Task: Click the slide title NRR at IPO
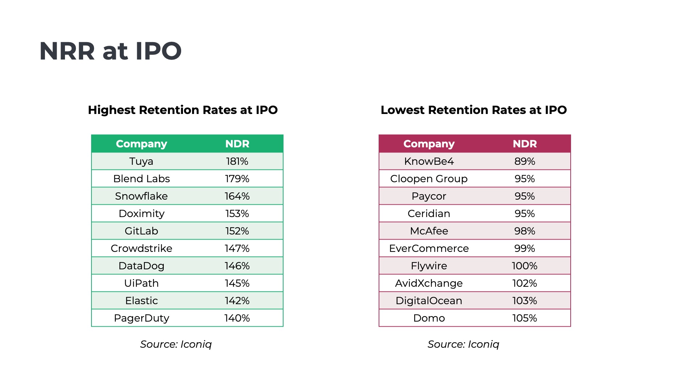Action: coord(110,51)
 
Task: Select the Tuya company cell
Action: coord(141,161)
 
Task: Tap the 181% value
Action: coord(237,161)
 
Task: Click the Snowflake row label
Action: coord(141,196)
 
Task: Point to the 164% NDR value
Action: coord(237,196)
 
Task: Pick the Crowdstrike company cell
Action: coord(141,248)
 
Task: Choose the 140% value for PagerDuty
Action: coord(237,318)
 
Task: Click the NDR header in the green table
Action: coord(237,144)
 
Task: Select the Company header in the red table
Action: coord(429,144)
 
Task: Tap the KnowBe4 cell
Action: coord(429,161)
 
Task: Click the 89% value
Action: coord(525,161)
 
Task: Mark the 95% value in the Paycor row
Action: coord(525,196)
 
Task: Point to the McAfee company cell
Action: coord(429,231)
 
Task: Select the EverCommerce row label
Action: coord(429,248)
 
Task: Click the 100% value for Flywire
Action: coord(525,266)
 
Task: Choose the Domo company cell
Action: coord(429,318)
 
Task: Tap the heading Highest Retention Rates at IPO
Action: coord(183,110)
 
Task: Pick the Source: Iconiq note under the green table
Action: coord(176,344)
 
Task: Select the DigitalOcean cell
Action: coord(429,301)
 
